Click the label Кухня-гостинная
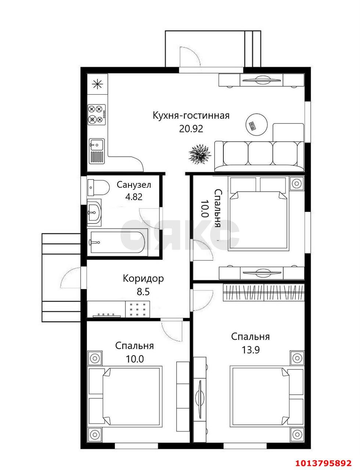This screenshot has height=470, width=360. tap(191, 116)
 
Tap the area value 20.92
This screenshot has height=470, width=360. tap(191, 129)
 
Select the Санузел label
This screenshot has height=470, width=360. tap(134, 185)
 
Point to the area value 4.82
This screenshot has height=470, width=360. tap(134, 197)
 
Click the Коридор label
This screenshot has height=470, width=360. tap(143, 279)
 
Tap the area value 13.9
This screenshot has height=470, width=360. tap(251, 350)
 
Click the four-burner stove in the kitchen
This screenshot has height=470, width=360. tap(97, 114)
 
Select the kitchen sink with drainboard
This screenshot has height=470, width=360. tap(97, 151)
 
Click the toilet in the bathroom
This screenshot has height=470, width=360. tap(98, 188)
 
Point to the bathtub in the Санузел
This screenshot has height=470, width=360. tap(118, 242)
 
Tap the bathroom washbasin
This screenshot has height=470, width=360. tap(94, 212)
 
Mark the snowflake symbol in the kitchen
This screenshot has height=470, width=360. tap(97, 84)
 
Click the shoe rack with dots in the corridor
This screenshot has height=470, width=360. tap(137, 309)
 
